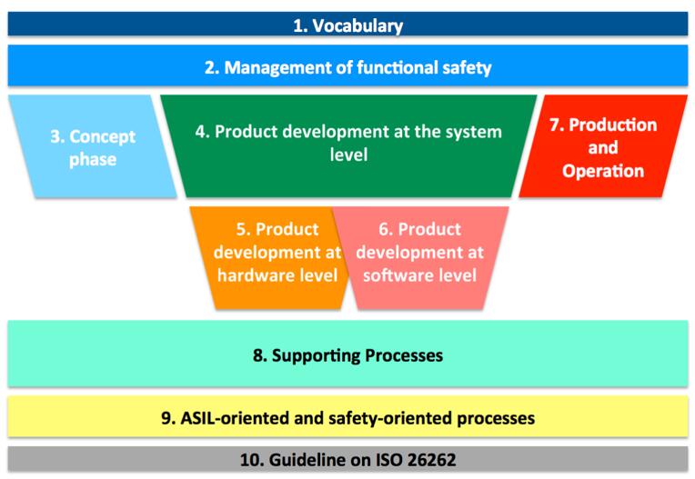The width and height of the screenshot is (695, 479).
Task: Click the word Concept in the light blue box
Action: (x=103, y=137)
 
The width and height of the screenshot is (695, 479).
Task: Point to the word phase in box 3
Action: (x=93, y=159)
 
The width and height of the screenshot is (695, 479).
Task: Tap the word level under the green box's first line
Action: (x=348, y=155)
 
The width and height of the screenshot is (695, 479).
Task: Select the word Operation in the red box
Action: (x=603, y=171)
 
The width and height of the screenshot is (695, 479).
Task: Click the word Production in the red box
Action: (x=613, y=125)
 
